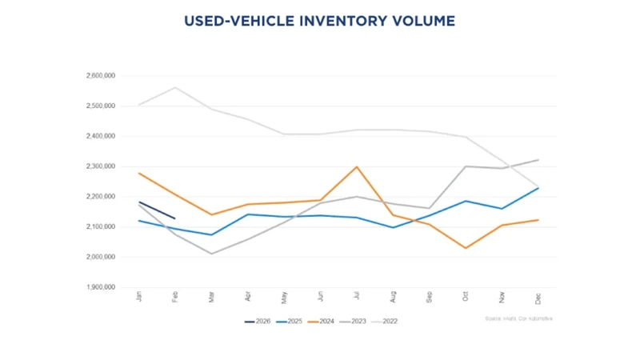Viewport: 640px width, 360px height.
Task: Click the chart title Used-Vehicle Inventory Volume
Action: coord(319,21)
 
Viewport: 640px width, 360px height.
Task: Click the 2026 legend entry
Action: coord(258,322)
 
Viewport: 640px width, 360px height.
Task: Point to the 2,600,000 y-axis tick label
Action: coord(100,76)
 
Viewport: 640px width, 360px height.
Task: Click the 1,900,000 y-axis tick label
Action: coord(100,287)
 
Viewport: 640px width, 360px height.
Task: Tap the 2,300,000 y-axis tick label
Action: coord(100,166)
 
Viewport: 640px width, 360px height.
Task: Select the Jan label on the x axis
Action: coord(139,297)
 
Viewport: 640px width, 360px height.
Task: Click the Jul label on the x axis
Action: coord(357,297)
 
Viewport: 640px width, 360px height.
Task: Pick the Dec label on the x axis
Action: coord(538,297)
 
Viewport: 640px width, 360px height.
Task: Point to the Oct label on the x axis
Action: coord(466,297)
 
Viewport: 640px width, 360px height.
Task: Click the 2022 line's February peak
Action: coord(175,87)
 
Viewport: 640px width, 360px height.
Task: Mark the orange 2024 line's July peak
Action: coord(357,167)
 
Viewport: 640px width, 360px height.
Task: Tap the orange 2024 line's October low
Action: coord(466,248)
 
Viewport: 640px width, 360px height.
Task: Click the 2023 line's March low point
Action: coord(211,254)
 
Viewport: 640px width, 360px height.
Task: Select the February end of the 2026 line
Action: coord(175,218)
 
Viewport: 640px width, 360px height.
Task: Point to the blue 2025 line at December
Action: coord(538,188)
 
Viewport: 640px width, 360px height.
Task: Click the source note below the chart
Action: coord(518,318)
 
